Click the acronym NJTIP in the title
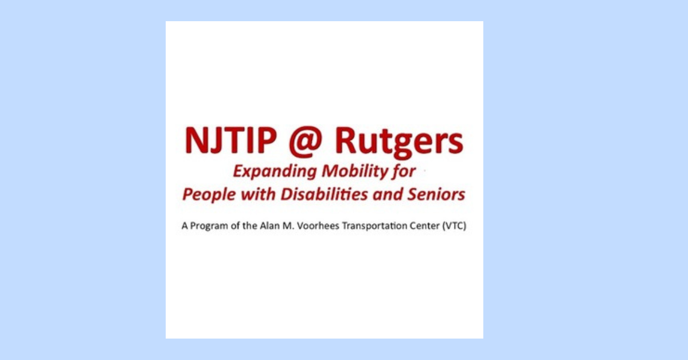230,140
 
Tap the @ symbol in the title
306,142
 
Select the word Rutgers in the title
399,143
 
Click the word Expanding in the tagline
275,172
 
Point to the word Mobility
355,172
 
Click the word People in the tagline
209,195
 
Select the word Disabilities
325,194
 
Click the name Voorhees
318,226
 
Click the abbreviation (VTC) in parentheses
454,226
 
